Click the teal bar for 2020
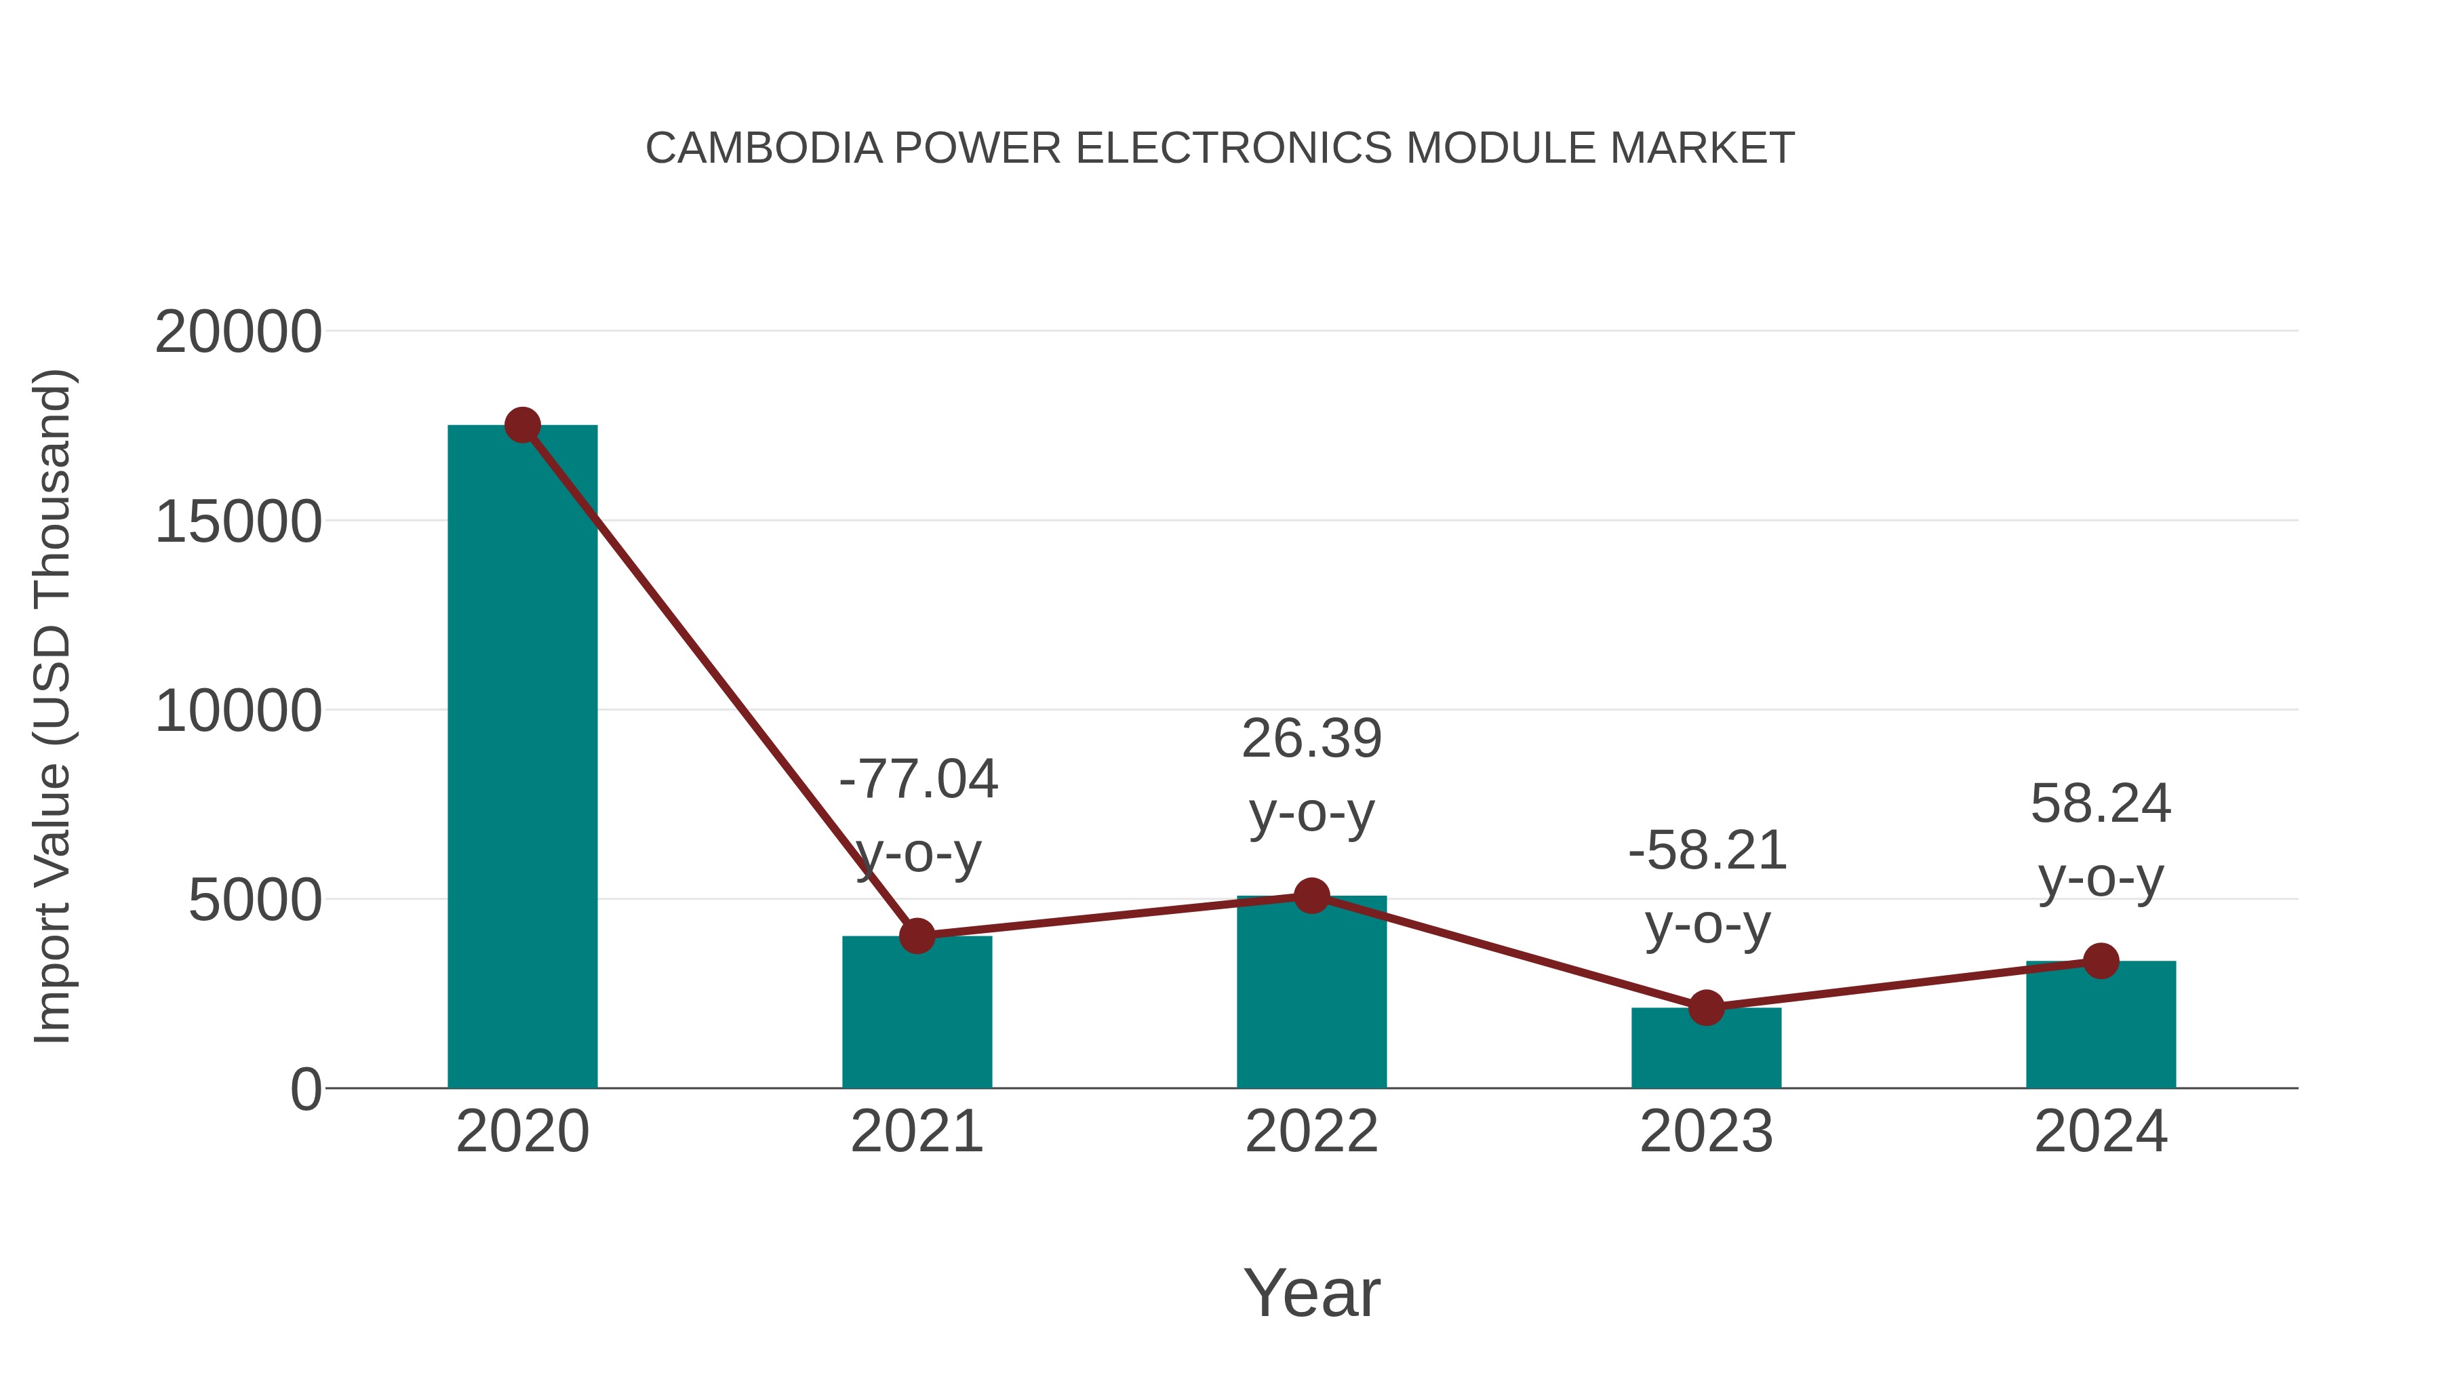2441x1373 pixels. click(522, 758)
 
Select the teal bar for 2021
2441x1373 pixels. click(916, 1014)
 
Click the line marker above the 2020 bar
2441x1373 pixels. click(522, 425)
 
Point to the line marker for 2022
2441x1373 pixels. click(1311, 896)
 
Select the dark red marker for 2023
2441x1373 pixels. click(1706, 1008)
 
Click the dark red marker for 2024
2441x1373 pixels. click(2101, 961)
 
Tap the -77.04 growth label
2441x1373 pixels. click(917, 780)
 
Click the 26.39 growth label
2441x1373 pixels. click(1311, 739)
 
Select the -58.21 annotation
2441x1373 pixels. click(1707, 851)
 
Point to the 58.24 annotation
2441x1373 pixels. click(2100, 804)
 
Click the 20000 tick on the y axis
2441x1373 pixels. click(238, 333)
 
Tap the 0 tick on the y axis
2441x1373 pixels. click(305, 1090)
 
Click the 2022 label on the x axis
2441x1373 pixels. click(1311, 1132)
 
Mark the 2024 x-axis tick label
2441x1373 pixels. click(2101, 1132)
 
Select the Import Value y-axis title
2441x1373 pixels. click(53, 706)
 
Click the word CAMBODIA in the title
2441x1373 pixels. click(763, 148)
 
